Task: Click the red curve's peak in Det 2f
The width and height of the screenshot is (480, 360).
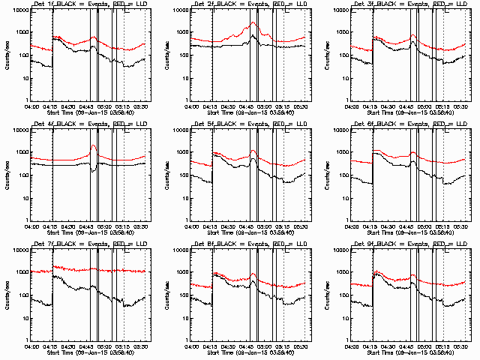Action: (x=253, y=22)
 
